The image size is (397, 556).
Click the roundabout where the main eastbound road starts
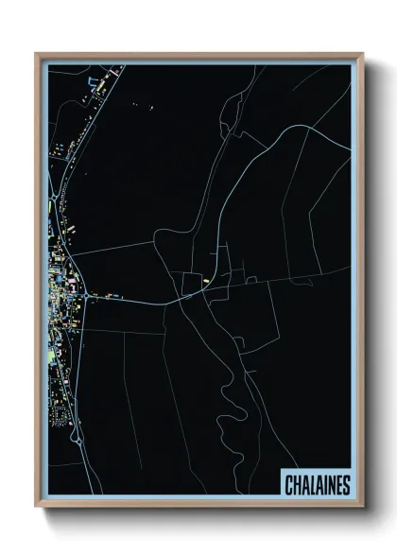point(88,297)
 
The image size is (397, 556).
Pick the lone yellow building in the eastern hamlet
point(204,282)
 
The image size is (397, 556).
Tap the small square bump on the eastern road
point(250,280)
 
